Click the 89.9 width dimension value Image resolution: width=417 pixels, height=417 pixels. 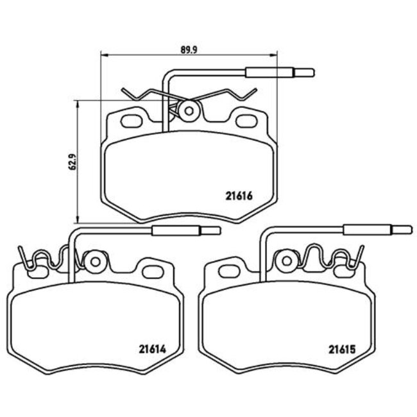click(x=187, y=47)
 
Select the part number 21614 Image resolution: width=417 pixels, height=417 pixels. click(x=152, y=350)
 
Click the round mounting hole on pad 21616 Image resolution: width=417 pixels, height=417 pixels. click(x=189, y=111)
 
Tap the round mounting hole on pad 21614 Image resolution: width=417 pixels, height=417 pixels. click(x=96, y=262)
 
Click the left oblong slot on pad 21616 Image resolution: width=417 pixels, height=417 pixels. click(x=133, y=120)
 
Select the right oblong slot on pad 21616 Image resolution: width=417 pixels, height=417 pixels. click(x=244, y=120)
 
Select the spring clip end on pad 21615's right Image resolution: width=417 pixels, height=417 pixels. click(x=357, y=257)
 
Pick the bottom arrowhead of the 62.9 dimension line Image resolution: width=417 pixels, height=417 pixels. click(x=78, y=216)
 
